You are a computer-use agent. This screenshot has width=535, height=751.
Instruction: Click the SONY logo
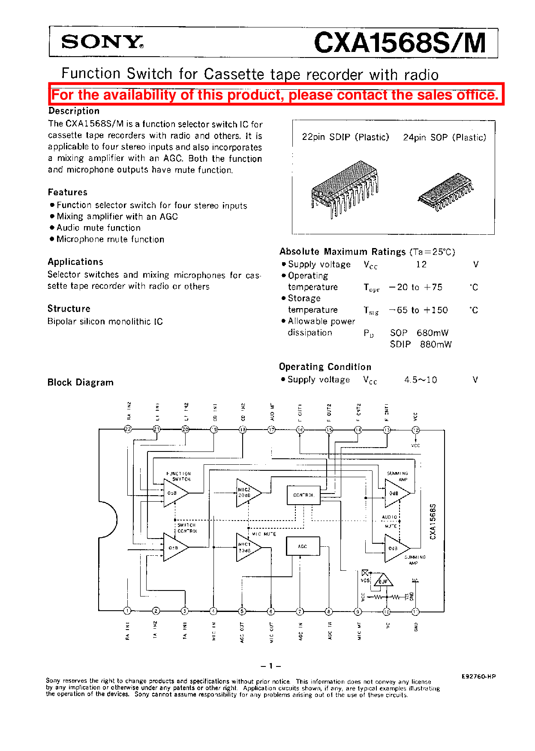(102, 42)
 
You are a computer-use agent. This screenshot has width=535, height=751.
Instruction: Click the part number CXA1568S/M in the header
(400, 43)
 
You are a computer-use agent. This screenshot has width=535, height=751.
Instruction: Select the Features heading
(68, 192)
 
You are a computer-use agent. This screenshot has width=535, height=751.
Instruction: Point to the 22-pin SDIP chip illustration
(345, 189)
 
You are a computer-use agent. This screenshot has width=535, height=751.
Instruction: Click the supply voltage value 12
(421, 264)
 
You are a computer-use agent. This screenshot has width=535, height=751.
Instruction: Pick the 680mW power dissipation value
(433, 333)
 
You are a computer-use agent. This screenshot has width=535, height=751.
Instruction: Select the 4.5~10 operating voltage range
(421, 380)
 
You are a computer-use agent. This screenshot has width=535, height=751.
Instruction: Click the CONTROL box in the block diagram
(303, 495)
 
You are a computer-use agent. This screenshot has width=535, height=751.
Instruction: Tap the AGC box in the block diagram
(303, 546)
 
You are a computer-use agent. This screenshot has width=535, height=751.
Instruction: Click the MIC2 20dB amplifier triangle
(248, 493)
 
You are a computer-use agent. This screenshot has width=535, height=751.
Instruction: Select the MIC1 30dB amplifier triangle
(247, 548)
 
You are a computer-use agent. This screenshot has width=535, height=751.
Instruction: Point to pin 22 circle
(128, 429)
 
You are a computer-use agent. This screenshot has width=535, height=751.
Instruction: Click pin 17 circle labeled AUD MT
(271, 430)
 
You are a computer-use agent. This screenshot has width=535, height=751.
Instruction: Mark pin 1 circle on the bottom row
(127, 611)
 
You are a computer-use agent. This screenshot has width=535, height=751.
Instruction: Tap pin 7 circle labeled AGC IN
(300, 611)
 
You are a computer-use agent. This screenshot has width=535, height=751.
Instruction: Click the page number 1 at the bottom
(271, 666)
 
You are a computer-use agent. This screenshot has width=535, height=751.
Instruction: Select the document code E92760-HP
(478, 676)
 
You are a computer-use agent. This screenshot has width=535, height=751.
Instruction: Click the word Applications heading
(75, 262)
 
